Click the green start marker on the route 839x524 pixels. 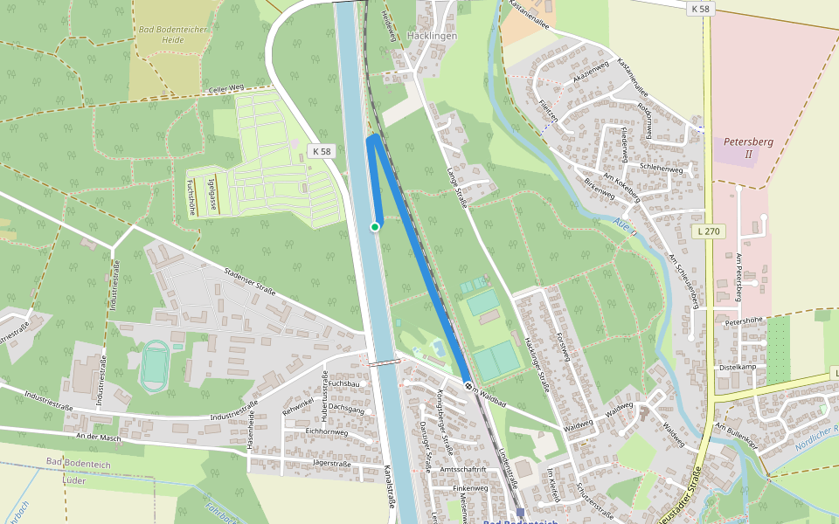(x=375, y=227)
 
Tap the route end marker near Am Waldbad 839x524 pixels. (x=468, y=385)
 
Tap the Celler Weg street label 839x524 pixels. (x=225, y=90)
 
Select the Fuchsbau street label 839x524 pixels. (x=345, y=383)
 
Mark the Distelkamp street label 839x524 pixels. (x=737, y=367)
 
